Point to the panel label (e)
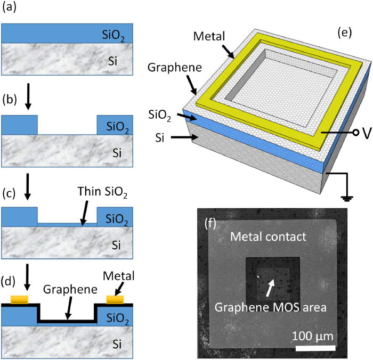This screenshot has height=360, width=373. [x=346, y=34]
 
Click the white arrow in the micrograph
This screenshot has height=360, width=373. [x=271, y=288]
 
